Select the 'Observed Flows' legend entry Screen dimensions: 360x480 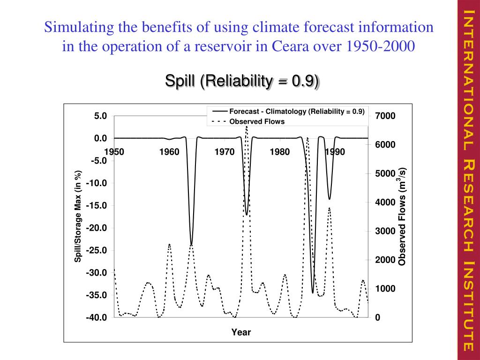[256, 121]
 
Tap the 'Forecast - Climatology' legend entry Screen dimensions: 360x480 [296, 112]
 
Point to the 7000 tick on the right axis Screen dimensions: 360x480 [385, 116]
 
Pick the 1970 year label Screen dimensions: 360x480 [225, 152]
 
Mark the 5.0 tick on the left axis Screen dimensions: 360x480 [100, 116]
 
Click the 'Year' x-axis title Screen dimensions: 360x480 [241, 332]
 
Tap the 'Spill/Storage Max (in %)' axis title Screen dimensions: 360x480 [78, 217]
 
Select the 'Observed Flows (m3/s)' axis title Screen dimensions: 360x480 [402, 217]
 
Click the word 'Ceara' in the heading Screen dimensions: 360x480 [275, 46]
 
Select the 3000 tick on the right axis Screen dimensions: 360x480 [385, 231]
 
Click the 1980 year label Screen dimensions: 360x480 [280, 152]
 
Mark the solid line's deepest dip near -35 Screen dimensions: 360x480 [313, 293]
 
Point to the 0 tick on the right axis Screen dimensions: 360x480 [377, 317]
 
